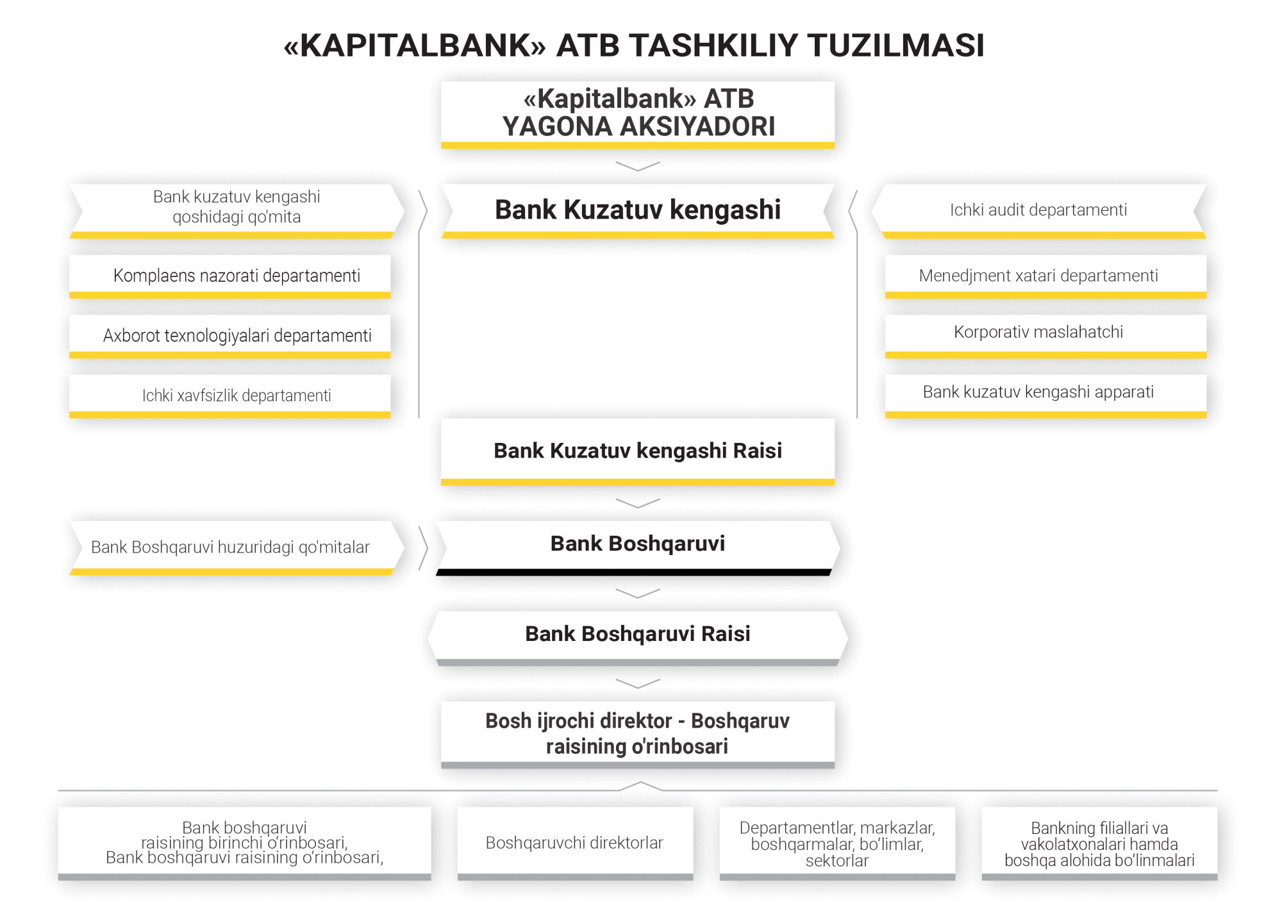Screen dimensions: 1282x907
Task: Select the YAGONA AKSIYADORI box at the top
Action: click(x=638, y=115)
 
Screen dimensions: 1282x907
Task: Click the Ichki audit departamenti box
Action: click(x=1038, y=211)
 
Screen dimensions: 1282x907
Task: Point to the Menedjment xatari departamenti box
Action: click(x=1046, y=276)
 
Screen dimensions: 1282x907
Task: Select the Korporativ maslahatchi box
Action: click(x=1046, y=336)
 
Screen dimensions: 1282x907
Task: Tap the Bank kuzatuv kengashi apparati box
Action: click(x=1046, y=396)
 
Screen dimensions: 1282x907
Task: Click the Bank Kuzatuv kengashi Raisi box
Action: click(x=638, y=452)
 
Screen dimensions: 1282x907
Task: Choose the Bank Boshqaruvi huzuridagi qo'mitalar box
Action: click(x=237, y=548)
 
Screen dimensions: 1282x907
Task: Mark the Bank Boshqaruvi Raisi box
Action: click(x=638, y=638)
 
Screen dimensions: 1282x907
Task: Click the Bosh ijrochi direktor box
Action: click(x=638, y=735)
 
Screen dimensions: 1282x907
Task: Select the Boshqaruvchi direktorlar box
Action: click(x=575, y=844)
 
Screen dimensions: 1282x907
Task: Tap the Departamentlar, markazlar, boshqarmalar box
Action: click(x=837, y=844)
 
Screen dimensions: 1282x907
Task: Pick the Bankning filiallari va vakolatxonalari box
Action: click(x=1099, y=844)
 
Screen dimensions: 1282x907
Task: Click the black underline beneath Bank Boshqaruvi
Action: click(x=634, y=572)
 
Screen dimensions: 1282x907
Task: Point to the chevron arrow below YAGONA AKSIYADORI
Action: click(x=638, y=167)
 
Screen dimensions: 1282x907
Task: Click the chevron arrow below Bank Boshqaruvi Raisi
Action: click(x=638, y=683)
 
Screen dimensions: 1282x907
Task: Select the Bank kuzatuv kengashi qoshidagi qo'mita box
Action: click(x=237, y=211)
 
